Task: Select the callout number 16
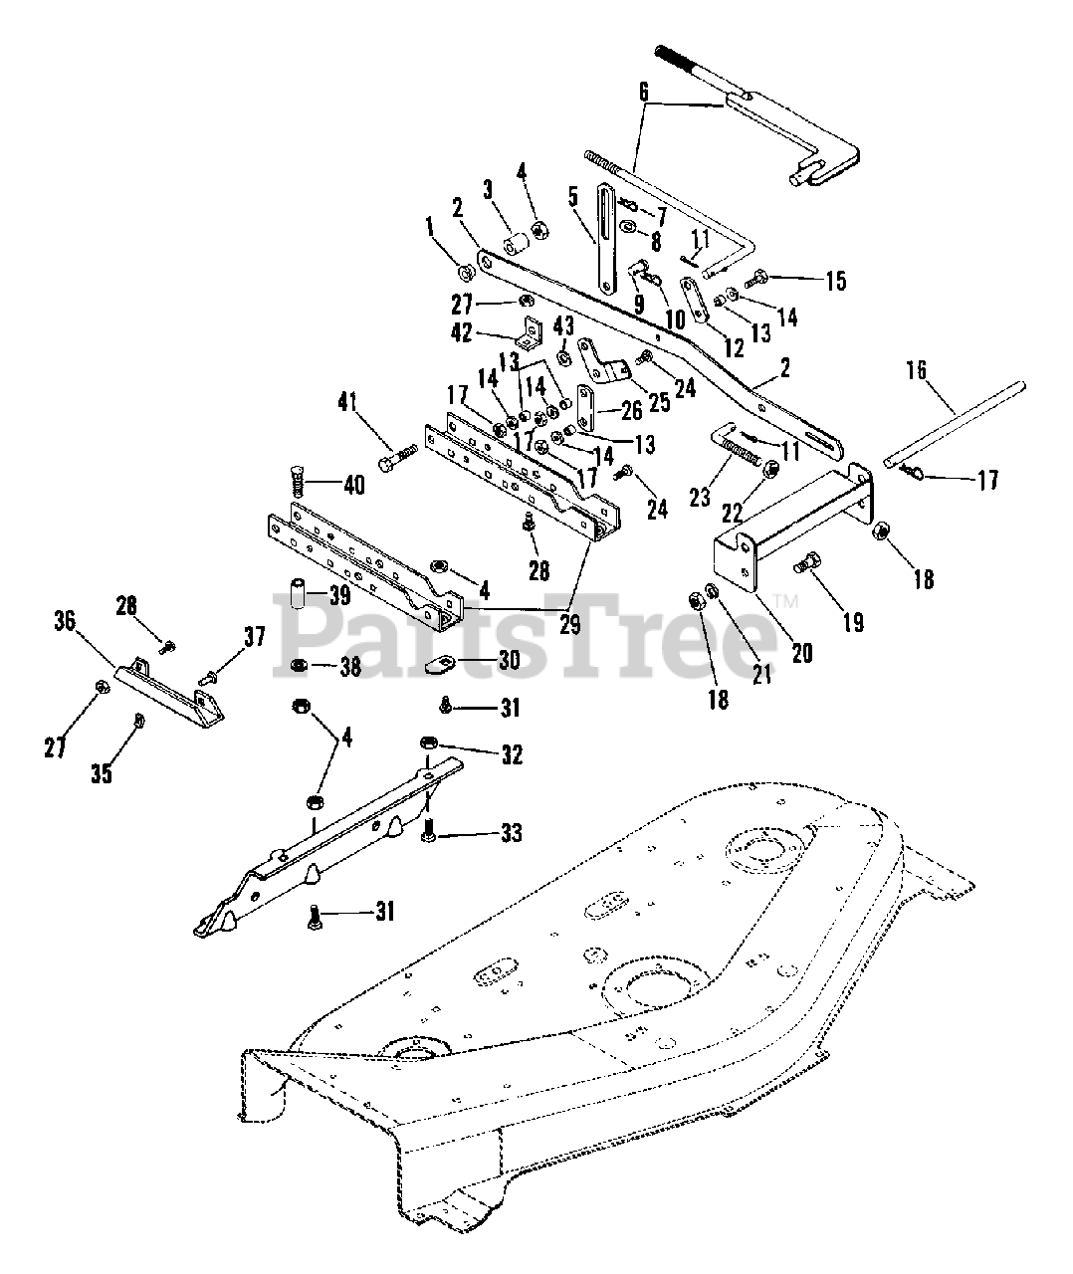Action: pyautogui.click(x=915, y=370)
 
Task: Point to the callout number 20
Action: pyautogui.click(x=802, y=653)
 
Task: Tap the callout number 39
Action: pyautogui.click(x=341, y=596)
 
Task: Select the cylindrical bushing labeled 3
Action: pyautogui.click(x=516, y=245)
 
